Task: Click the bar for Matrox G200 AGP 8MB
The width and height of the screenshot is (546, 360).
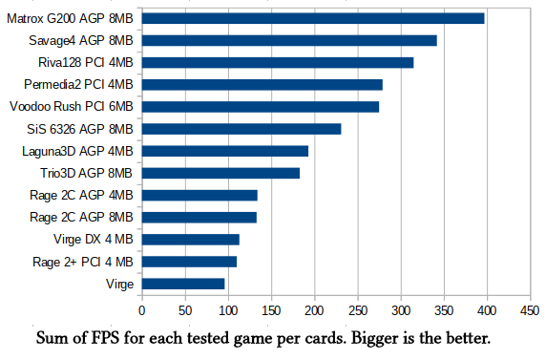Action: [313, 18]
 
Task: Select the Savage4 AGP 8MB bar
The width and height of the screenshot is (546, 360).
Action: [289, 40]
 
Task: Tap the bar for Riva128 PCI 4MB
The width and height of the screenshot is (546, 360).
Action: [278, 63]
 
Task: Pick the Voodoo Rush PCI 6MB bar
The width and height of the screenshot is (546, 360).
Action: [261, 107]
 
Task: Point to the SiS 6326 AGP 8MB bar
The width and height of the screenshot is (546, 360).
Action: [241, 129]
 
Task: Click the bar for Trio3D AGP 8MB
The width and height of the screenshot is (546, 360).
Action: [220, 173]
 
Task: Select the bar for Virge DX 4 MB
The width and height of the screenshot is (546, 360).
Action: [191, 240]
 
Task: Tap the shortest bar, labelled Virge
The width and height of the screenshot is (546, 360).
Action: [183, 284]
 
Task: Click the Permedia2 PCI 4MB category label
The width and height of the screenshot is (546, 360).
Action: [78, 85]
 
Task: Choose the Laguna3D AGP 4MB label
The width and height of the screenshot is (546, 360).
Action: [77, 151]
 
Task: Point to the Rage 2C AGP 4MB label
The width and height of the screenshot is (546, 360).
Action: [81, 195]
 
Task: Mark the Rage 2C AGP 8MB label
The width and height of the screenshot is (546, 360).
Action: [81, 218]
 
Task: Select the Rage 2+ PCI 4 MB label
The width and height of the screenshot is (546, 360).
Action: [83, 262]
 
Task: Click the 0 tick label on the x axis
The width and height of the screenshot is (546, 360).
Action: [141, 310]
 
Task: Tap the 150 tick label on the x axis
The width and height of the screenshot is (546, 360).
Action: [271, 310]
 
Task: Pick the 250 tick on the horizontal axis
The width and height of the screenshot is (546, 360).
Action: [358, 310]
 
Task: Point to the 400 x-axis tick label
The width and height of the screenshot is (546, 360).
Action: [487, 310]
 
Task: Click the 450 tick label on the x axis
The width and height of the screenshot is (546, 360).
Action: [530, 310]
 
